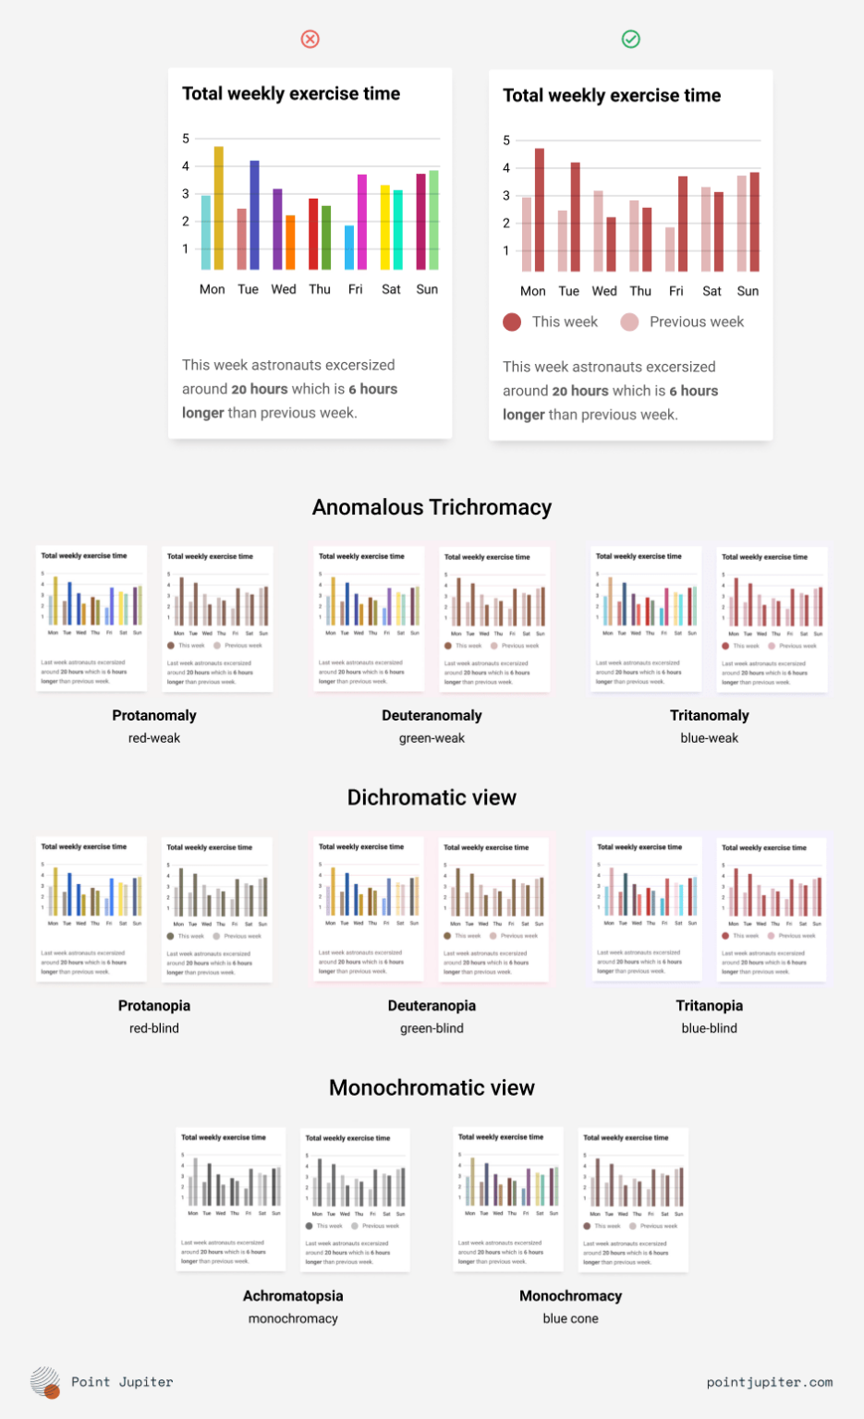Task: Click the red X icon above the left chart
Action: click(310, 39)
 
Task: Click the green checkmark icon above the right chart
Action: click(631, 39)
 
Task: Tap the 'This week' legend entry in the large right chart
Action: click(551, 321)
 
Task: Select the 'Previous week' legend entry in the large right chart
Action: click(683, 321)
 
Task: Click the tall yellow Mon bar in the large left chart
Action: click(219, 208)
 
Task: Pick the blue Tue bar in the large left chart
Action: click(254, 215)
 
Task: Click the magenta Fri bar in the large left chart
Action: click(362, 222)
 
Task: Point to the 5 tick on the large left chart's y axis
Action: click(186, 139)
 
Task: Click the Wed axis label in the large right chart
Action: click(604, 291)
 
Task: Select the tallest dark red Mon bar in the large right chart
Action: click(540, 210)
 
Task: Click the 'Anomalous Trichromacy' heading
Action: click(432, 507)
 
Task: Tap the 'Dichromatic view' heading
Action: click(432, 797)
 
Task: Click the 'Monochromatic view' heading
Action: click(432, 1087)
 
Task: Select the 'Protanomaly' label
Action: click(154, 715)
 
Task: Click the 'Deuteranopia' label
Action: click(432, 1005)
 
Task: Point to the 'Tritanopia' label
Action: click(709, 1005)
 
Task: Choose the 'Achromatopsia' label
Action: click(293, 1295)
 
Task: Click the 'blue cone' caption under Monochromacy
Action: click(570, 1318)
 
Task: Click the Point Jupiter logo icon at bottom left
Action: click(45, 1382)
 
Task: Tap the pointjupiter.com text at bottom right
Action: click(769, 1382)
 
